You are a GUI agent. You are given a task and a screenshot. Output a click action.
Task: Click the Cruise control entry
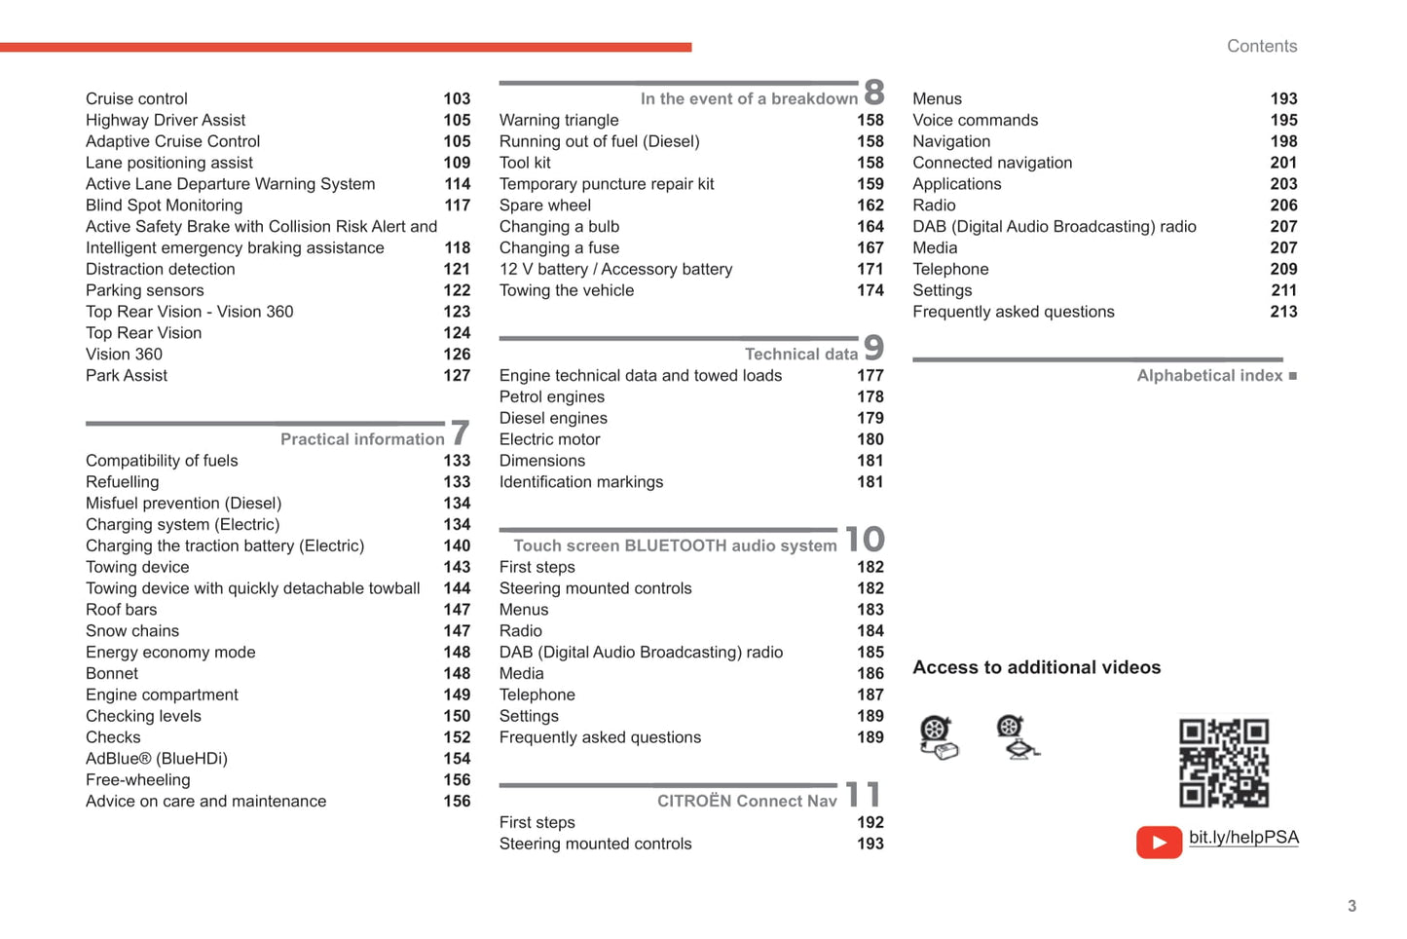coord(136,98)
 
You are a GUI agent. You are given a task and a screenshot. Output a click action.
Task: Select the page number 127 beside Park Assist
coord(457,375)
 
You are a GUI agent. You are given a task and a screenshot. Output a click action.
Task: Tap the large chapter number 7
coord(461,432)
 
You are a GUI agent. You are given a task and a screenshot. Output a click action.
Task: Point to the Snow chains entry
coord(132,630)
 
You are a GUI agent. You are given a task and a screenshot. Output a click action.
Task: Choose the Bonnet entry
coord(112,673)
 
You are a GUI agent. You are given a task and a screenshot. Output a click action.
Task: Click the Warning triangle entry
coord(559,120)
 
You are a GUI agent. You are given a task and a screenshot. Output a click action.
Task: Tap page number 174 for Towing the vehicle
coord(870,290)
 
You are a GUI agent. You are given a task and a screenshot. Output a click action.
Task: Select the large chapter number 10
coord(865,539)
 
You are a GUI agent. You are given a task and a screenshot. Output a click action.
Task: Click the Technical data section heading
coord(800,354)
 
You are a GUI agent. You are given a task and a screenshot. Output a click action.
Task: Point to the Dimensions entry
coord(542,460)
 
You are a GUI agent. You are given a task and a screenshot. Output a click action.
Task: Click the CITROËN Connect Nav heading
coord(747,801)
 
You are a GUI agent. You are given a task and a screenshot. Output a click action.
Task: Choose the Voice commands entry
coord(975,120)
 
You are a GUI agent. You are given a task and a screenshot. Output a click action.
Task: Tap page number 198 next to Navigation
coord(1283,141)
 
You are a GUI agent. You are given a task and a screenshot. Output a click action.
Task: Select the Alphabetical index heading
coord(1209,375)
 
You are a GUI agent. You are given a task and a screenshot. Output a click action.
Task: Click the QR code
coord(1224,763)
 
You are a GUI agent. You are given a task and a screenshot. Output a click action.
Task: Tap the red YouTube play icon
coord(1159,842)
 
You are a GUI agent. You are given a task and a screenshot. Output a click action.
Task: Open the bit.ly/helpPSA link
coord(1243,838)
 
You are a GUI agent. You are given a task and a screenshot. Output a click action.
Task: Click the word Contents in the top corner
coord(1262,46)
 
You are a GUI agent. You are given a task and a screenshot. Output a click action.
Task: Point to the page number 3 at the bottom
coord(1351,906)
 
